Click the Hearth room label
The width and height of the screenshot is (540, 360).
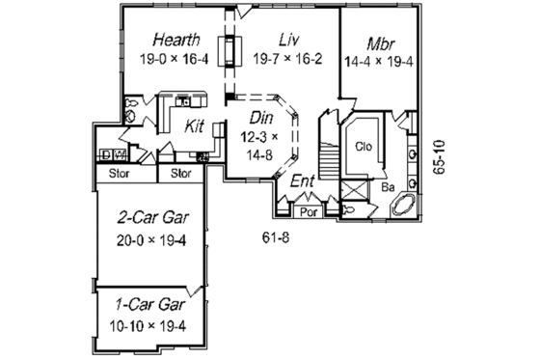click(x=176, y=40)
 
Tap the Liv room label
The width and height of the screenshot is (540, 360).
click(x=286, y=40)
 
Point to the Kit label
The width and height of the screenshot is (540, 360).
click(x=194, y=125)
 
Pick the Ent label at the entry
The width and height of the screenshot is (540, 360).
click(x=302, y=180)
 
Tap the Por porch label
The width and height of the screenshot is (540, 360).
click(x=310, y=210)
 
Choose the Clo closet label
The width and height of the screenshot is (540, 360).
click(x=364, y=148)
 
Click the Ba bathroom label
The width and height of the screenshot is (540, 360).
click(x=386, y=185)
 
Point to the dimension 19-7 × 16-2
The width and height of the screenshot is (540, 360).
click(x=286, y=60)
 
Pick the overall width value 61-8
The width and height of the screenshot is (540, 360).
click(x=277, y=236)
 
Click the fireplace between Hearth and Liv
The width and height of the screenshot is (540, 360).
click(x=230, y=51)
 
